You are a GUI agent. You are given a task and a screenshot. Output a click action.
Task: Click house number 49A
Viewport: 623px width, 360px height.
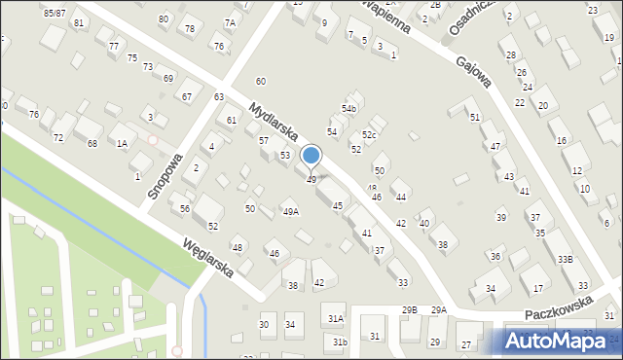tap(290, 211)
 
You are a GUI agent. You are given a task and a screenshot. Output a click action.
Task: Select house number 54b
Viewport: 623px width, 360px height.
tap(348, 108)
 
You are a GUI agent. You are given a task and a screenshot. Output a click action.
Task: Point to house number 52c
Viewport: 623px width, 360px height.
tap(369, 134)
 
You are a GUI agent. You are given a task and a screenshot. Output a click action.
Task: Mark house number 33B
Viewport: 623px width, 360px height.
tap(565, 260)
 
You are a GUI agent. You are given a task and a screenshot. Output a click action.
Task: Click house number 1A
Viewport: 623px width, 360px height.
tap(122, 143)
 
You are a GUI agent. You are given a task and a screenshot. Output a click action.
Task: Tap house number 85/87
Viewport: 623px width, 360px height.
tap(55, 12)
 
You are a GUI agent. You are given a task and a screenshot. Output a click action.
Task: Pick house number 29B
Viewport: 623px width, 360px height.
tap(409, 309)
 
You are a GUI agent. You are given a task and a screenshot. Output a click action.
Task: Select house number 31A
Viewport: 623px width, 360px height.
tap(336, 318)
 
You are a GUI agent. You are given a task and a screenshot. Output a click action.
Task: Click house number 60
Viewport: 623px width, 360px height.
tap(261, 81)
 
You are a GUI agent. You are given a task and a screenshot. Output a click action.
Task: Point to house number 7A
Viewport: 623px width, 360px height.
tap(230, 22)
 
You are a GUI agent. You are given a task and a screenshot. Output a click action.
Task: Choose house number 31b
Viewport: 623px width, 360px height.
tap(339, 342)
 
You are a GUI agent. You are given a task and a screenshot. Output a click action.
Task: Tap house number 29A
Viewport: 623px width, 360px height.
tap(439, 309)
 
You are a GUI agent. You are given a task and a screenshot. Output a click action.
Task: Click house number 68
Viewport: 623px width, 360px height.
tap(92, 143)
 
